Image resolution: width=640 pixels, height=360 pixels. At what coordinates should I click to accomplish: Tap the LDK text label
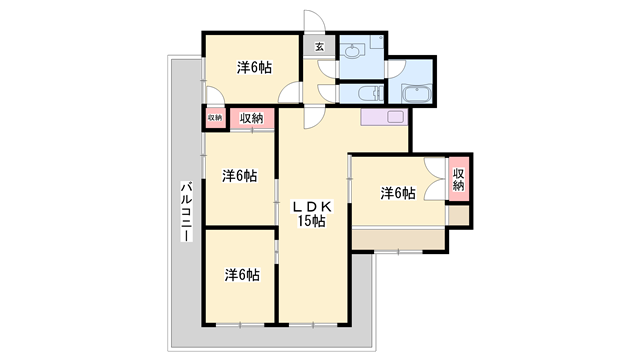(x=310, y=206)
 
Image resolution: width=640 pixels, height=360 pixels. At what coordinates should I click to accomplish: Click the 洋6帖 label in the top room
(x=254, y=68)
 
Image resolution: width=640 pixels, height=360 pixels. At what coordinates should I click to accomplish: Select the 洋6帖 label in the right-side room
(x=398, y=193)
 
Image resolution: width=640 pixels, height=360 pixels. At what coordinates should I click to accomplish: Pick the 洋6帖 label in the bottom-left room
(x=241, y=274)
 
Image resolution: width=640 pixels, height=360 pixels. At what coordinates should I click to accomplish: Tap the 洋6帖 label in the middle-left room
(x=240, y=176)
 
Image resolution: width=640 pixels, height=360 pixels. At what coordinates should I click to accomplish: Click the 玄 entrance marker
(x=319, y=45)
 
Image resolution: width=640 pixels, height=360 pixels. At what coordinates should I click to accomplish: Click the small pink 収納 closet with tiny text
(x=215, y=118)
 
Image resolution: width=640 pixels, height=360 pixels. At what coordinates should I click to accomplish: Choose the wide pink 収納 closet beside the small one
(x=251, y=118)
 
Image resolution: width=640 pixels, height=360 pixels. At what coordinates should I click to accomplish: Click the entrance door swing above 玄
(x=315, y=24)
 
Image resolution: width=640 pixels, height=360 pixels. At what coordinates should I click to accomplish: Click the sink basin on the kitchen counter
(x=394, y=117)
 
